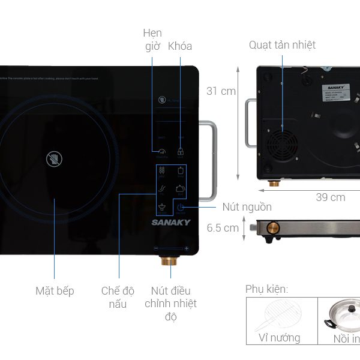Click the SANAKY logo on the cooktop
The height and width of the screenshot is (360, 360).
pyautogui.click(x=171, y=223)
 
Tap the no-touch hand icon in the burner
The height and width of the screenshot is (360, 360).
pyautogui.click(x=54, y=159)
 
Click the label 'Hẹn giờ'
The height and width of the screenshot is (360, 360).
pyautogui.click(x=152, y=38)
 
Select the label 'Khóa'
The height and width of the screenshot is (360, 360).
pyautogui.click(x=180, y=46)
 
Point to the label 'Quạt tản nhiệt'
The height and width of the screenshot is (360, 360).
pyautogui.click(x=282, y=45)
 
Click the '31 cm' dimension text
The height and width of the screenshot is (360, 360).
pyautogui.click(x=221, y=91)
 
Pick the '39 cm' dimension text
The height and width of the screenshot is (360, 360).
pyautogui.click(x=330, y=197)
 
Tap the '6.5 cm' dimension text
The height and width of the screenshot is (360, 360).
pyautogui.click(x=223, y=228)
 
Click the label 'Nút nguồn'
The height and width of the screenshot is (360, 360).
pyautogui.click(x=247, y=207)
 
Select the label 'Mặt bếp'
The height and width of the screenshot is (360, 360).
pyautogui.click(x=55, y=291)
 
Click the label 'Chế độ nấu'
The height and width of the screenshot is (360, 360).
pyautogui.click(x=118, y=298)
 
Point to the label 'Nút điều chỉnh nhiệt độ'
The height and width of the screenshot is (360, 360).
pyautogui.click(x=170, y=304)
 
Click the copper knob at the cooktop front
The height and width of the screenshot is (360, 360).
pyautogui.click(x=166, y=262)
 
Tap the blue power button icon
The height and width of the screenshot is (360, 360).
pyautogui.click(x=181, y=208)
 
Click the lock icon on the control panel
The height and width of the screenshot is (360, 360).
pyautogui.click(x=180, y=152)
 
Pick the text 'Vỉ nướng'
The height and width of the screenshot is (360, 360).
pyautogui.click(x=279, y=338)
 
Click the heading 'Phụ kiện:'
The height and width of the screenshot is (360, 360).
pyautogui.click(x=266, y=289)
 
